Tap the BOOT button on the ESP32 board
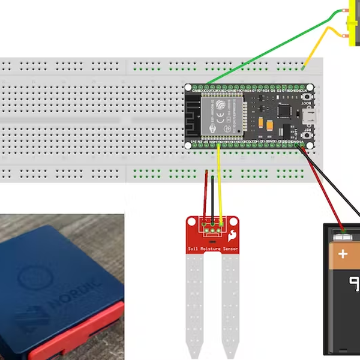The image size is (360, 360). pyautogui.click(x=308, y=97)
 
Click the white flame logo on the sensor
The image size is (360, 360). pyautogui.click(x=232, y=234)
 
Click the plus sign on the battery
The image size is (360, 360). pyautogui.click(x=343, y=254)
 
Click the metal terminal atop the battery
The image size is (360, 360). pyautogui.click(x=343, y=234)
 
